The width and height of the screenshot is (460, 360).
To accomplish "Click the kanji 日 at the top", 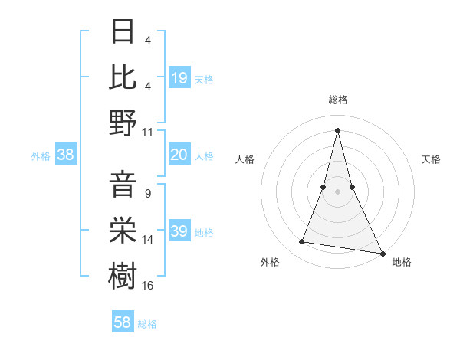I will pyautogui.click(x=123, y=31).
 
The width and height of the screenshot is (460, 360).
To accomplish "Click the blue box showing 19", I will pyautogui.click(x=179, y=78).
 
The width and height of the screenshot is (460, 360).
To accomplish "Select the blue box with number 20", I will pyautogui.click(x=179, y=155).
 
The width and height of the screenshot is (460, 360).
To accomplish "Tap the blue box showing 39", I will pyautogui.click(x=179, y=231).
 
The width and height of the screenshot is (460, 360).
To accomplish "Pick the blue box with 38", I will pyautogui.click(x=65, y=155).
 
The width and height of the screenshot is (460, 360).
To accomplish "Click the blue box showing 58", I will pyautogui.click(x=123, y=322).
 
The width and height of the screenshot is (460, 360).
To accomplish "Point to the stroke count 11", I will pyautogui.click(x=148, y=131).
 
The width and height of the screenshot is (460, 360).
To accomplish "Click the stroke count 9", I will pyautogui.click(x=147, y=194).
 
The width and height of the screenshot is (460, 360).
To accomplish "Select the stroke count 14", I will pyautogui.click(x=148, y=239).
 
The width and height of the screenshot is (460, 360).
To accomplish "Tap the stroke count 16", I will pyautogui.click(x=148, y=285).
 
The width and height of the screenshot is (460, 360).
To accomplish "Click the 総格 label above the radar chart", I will pyautogui.click(x=338, y=100).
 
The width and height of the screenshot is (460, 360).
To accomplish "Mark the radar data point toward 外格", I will pyautogui.click(x=302, y=242).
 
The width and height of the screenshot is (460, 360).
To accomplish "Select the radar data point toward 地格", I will pyautogui.click(x=383, y=253).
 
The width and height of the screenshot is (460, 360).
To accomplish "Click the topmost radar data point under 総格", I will pyautogui.click(x=338, y=129).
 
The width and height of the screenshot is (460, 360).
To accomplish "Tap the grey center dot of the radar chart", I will pyautogui.click(x=338, y=191).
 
